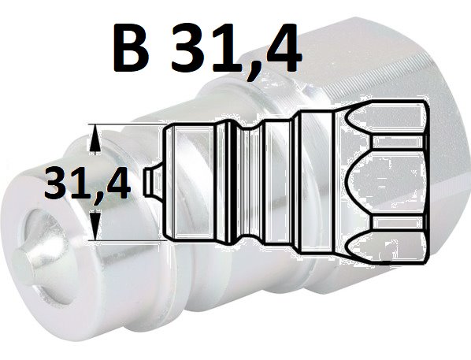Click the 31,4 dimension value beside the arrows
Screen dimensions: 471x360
click(x=87, y=184)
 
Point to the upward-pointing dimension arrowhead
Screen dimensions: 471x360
click(x=95, y=139)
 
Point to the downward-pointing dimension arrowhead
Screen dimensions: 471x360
click(x=95, y=225)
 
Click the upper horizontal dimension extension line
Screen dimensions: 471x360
click(x=128, y=124)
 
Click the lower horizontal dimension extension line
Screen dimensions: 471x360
click(x=128, y=240)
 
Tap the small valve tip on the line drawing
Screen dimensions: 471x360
click(x=154, y=183)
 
